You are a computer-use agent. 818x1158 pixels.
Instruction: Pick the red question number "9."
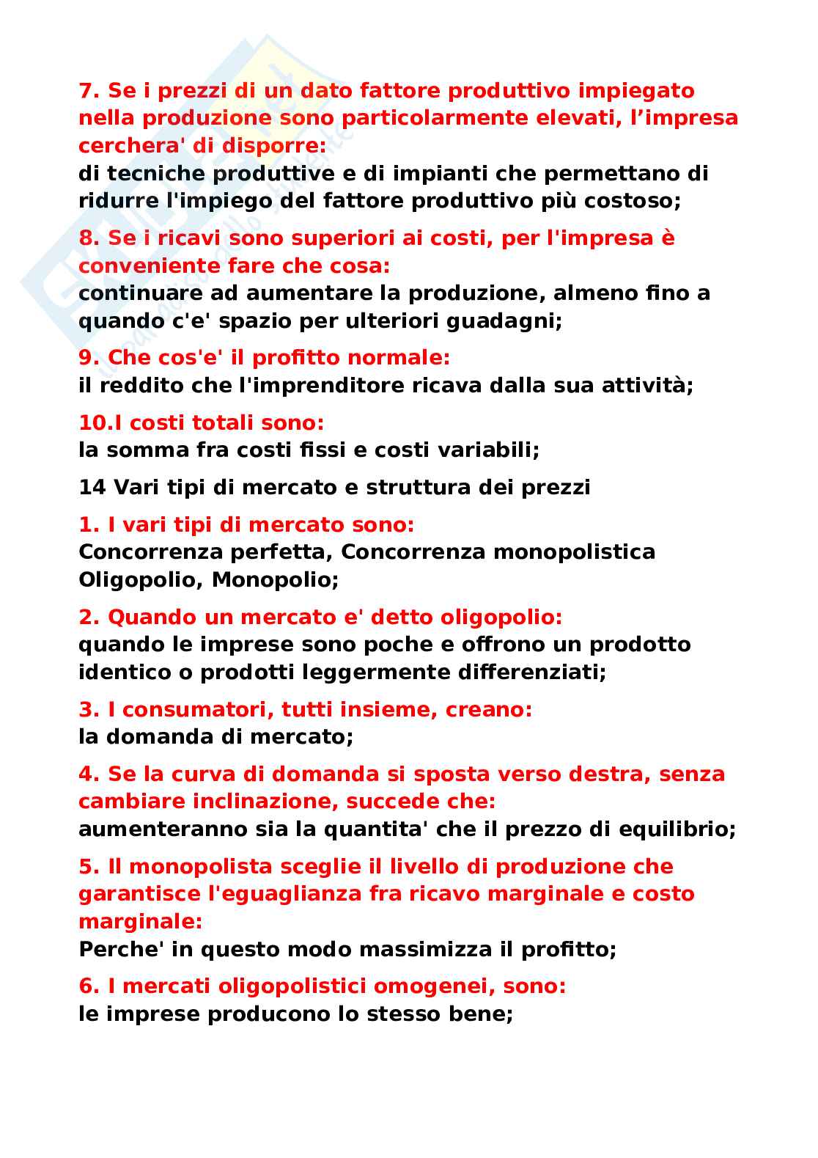pyautogui.click(x=89, y=358)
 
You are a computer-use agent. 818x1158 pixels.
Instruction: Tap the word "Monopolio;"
pyautogui.click(x=276, y=579)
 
